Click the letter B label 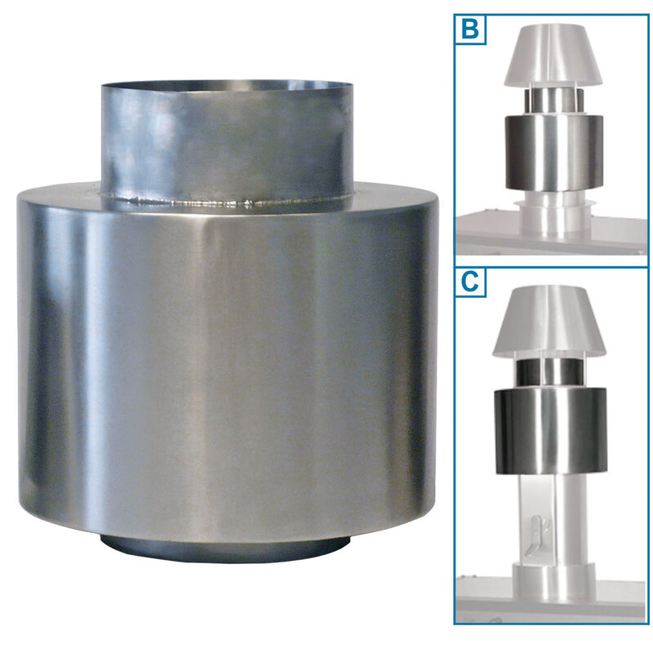click(470, 29)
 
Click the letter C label click(470, 282)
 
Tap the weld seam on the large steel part click(227, 202)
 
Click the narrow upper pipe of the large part click(227, 141)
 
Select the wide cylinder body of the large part click(228, 366)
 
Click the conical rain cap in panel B click(554, 56)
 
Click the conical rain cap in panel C click(549, 322)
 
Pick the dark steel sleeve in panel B click(553, 153)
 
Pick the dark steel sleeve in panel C click(550, 431)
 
